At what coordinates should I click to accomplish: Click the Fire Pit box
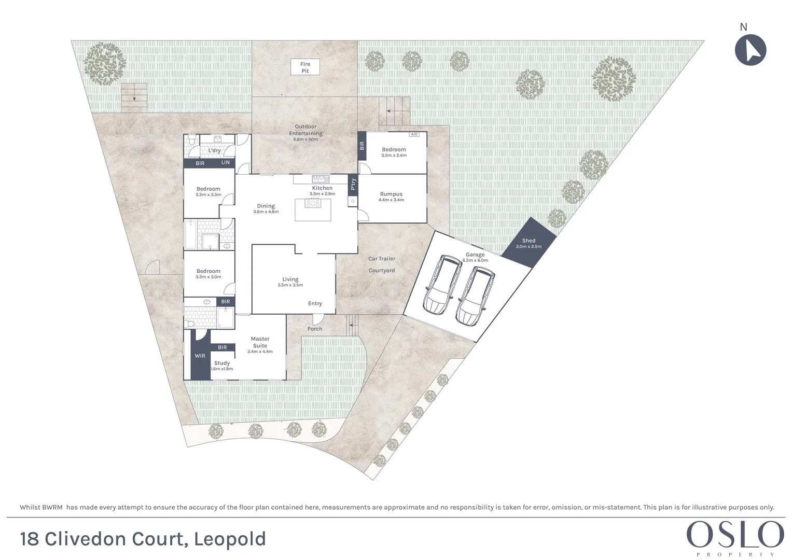(x=305, y=67)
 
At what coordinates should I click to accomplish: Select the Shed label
(x=529, y=241)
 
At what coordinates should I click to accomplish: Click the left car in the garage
(x=442, y=285)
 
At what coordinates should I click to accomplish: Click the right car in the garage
(x=474, y=296)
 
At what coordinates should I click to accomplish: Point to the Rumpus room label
(x=391, y=194)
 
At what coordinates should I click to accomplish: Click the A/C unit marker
(x=414, y=134)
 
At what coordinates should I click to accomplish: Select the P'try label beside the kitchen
(x=353, y=184)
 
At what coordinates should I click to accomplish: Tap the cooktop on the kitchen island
(x=313, y=204)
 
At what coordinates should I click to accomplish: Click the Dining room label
(x=266, y=206)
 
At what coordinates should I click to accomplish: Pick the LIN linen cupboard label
(x=226, y=163)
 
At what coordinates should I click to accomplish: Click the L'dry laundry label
(x=214, y=151)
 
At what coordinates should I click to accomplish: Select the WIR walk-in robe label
(x=200, y=356)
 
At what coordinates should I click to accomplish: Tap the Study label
(x=222, y=363)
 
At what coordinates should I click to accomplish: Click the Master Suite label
(x=260, y=342)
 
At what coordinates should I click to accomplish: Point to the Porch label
(x=315, y=329)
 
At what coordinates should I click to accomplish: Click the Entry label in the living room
(x=315, y=303)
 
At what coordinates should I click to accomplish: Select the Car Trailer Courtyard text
(x=382, y=264)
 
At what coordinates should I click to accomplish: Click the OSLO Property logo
(x=735, y=537)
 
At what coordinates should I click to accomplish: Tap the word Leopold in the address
(x=230, y=539)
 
